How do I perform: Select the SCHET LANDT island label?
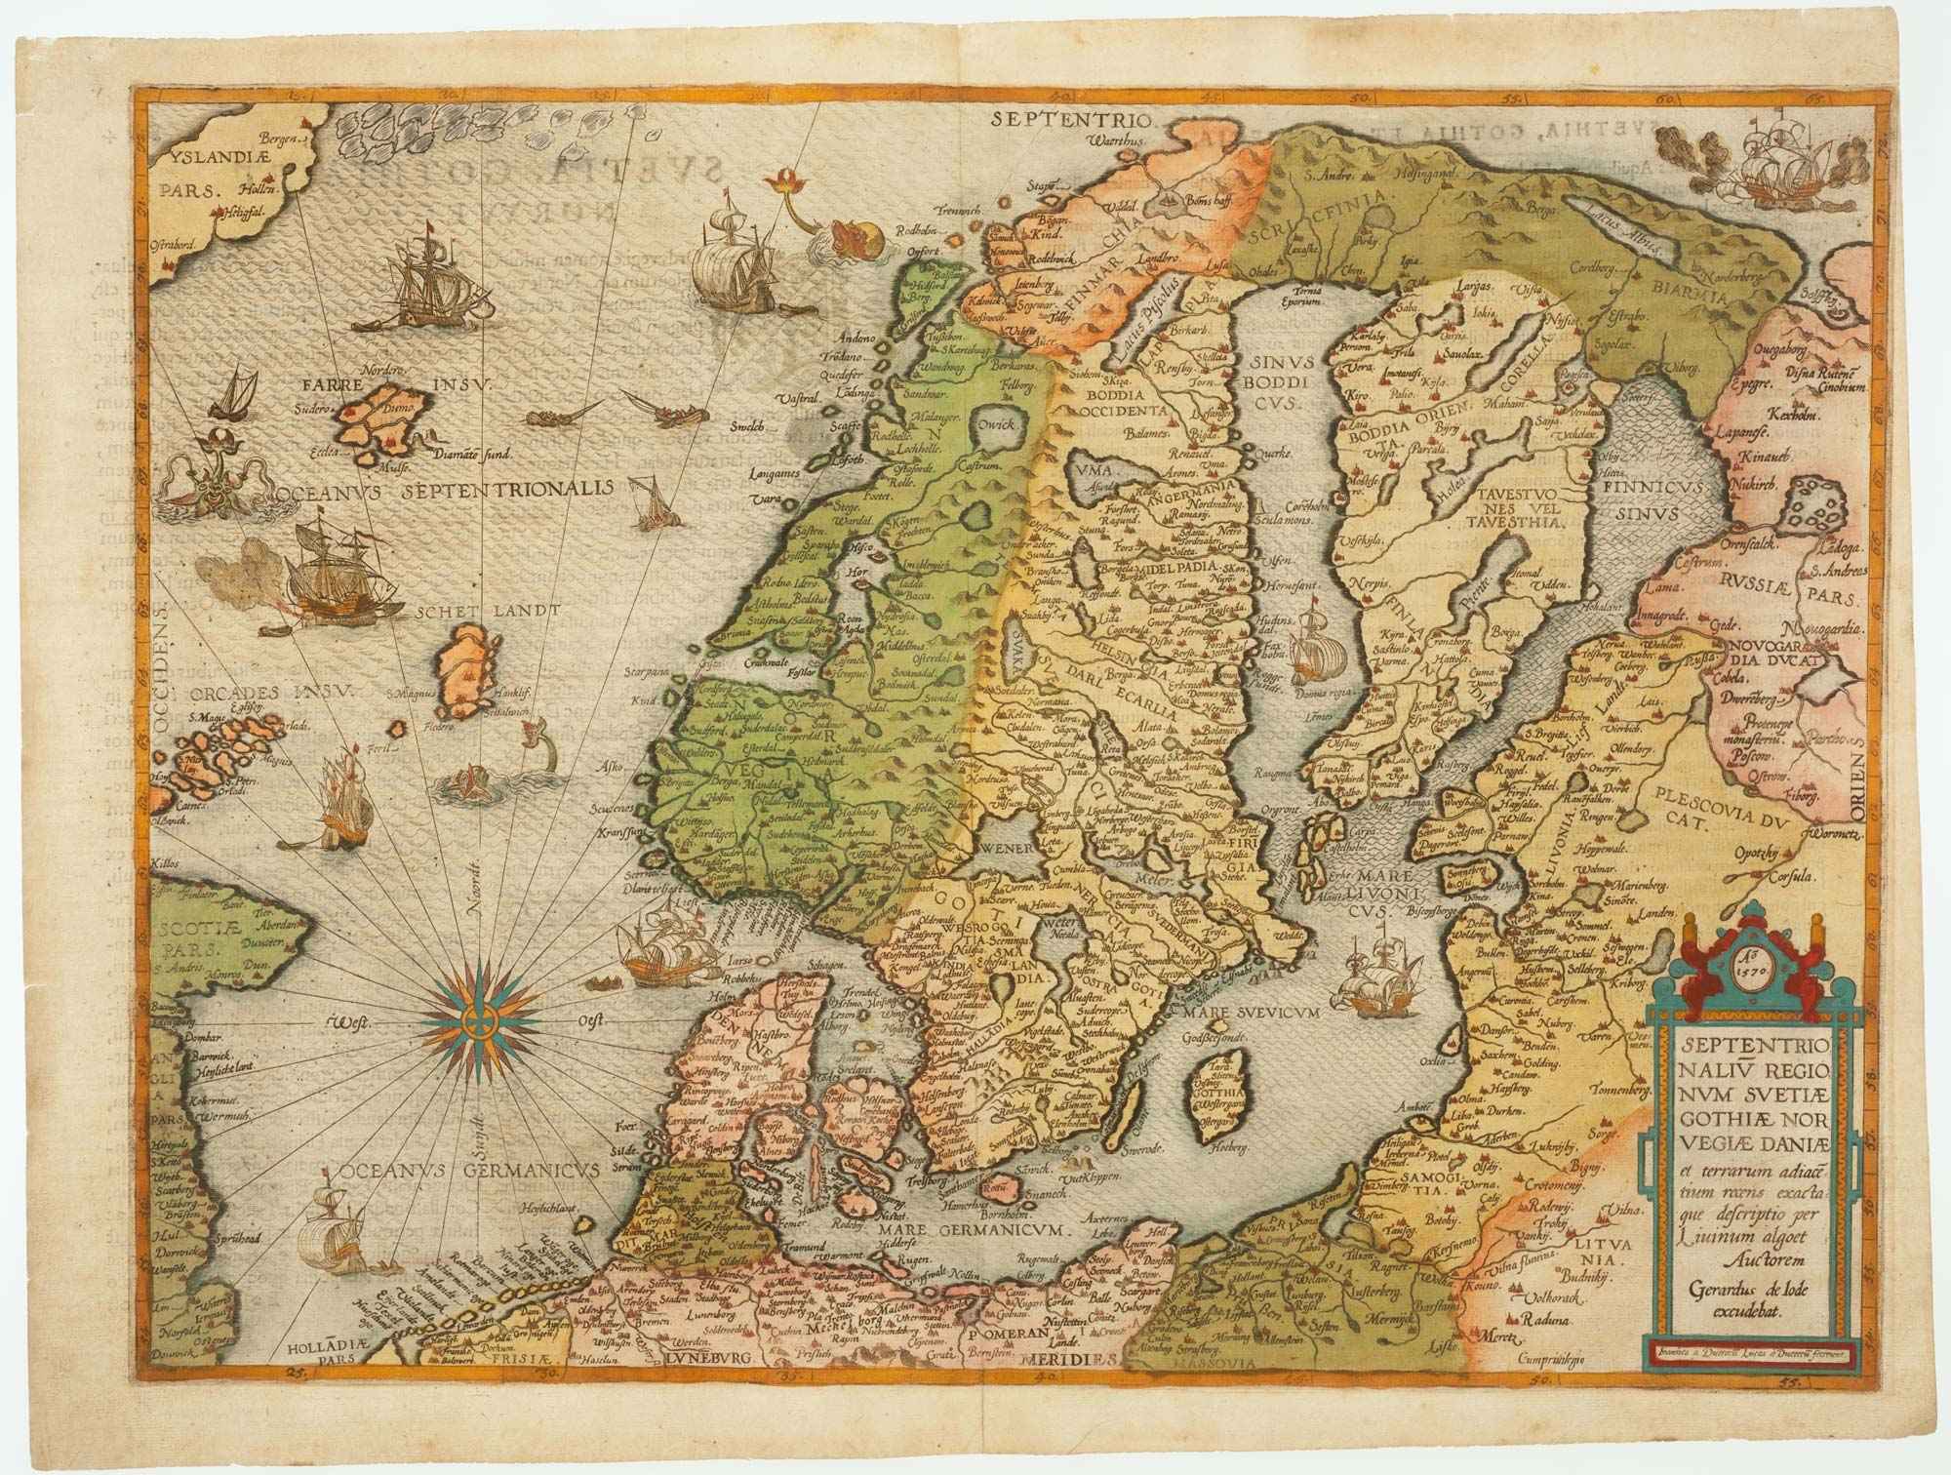[x=486, y=611]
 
